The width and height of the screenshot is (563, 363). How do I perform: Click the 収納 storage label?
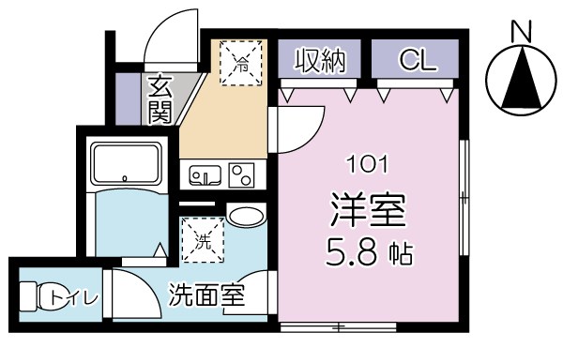[x=322, y=61]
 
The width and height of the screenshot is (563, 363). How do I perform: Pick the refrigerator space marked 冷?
[x=242, y=65]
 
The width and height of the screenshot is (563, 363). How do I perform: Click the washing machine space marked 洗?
[x=204, y=239]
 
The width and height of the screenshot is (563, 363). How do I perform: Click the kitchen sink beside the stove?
[x=205, y=174]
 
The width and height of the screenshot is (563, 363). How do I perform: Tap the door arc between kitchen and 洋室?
[x=298, y=131]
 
